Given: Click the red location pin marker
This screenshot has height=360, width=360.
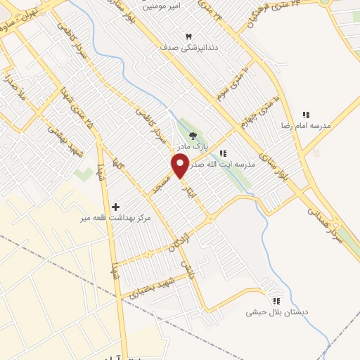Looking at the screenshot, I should tap(180, 166).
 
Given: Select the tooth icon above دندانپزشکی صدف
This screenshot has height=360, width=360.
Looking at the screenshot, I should tap(188, 36).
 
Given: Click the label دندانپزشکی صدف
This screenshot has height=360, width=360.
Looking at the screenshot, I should tap(187, 48).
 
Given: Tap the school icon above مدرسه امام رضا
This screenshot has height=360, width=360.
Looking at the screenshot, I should tap(306, 115).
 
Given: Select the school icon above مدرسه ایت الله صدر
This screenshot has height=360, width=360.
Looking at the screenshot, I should tap(223, 153).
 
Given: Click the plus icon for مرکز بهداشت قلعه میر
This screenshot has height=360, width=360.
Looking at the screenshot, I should tap(116, 206).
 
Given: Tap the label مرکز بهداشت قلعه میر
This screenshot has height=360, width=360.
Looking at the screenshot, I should tap(116, 218).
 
